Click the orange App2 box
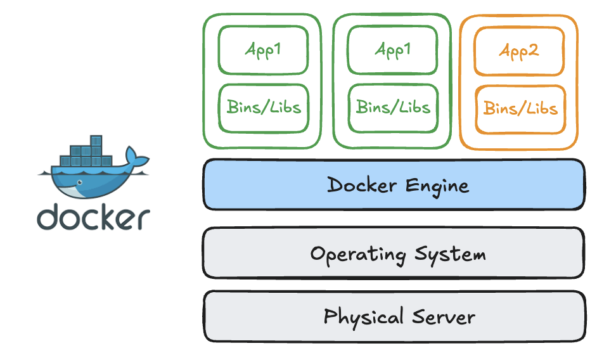point(518,51)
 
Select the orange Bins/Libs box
point(520,109)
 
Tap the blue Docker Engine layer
point(394,184)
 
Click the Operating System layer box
point(394,254)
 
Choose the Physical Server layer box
point(394,316)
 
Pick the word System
point(451,255)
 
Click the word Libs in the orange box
point(541,109)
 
